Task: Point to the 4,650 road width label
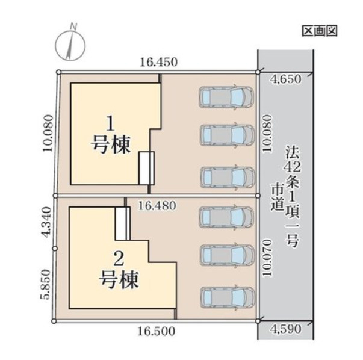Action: pyautogui.click(x=285, y=78)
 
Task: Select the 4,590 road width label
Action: pyautogui.click(x=285, y=330)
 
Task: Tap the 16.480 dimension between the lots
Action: pyautogui.click(x=157, y=206)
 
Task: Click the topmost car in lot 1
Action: pyautogui.click(x=226, y=96)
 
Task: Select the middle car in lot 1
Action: pyautogui.click(x=226, y=135)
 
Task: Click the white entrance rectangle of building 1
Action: pyautogui.click(x=146, y=168)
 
